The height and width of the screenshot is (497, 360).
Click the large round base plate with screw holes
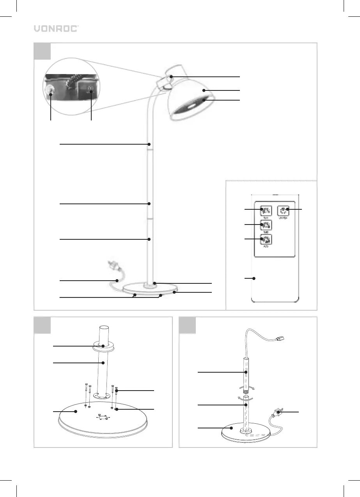103,419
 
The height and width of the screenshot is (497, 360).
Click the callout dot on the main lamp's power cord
117,280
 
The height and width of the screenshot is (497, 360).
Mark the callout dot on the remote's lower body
254,278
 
